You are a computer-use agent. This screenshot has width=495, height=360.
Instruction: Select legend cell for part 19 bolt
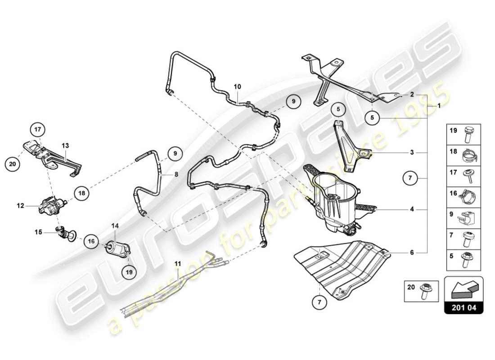tap(463, 134)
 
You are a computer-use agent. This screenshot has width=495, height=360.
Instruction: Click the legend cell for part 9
tap(463, 217)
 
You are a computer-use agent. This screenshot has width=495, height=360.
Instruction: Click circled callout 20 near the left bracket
tap(13, 164)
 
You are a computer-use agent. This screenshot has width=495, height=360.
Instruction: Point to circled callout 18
tap(81, 193)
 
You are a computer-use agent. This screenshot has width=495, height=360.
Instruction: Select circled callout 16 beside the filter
tap(91, 241)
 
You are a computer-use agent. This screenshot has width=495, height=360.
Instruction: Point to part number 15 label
tap(39, 232)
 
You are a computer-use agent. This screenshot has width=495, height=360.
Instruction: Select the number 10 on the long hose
tap(237, 85)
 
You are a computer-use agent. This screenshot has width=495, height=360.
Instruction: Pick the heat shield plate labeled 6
tap(342, 265)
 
